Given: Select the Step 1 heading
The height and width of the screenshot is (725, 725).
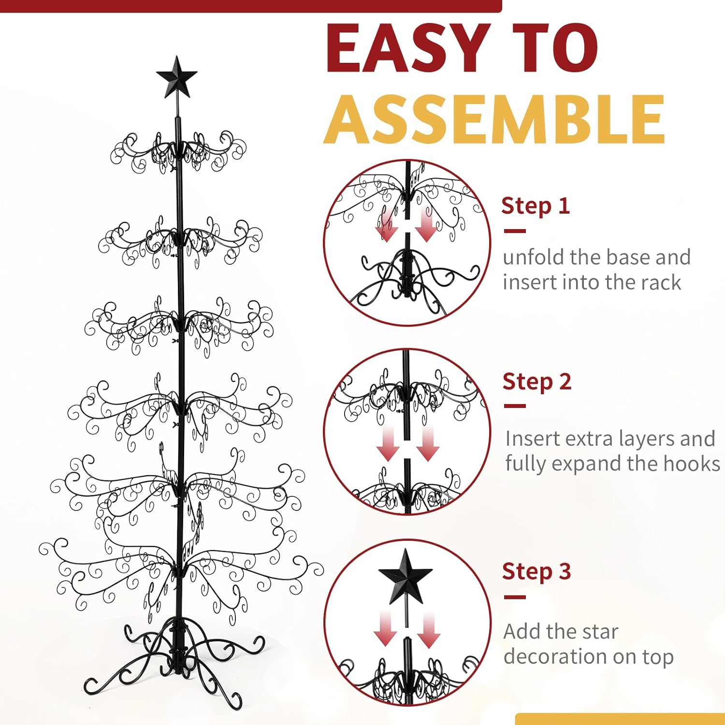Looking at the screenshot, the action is coord(536,206).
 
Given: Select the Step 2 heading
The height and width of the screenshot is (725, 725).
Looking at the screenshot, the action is coord(537,382).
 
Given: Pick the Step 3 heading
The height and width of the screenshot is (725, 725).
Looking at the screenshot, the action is coord(536,572).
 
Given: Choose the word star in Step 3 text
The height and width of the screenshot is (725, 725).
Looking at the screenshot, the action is coord(598,632).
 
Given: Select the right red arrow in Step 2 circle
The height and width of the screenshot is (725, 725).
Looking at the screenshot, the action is coord(427,444).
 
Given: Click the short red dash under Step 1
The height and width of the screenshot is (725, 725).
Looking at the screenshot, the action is coord(515,231).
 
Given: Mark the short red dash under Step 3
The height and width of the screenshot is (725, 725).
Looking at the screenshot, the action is coord(515,597).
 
